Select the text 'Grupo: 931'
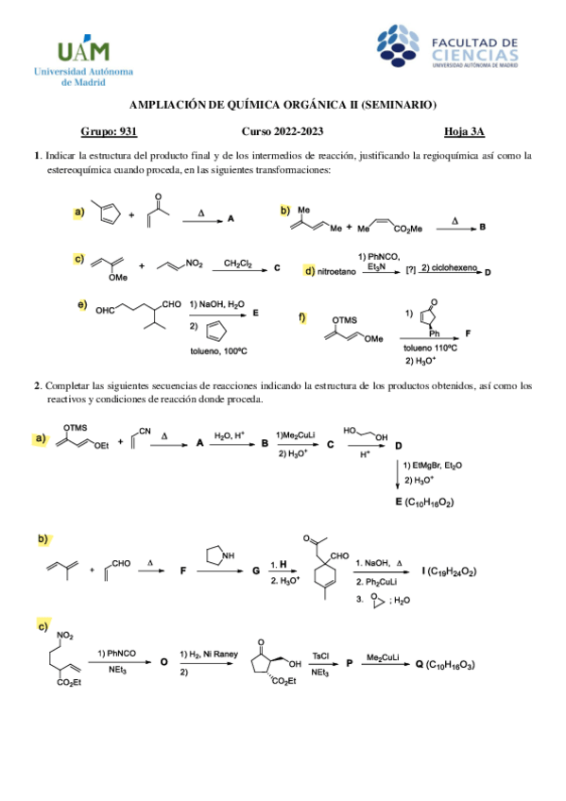tap(110, 133)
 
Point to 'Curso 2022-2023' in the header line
tap(282, 133)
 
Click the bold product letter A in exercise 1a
tap(232, 218)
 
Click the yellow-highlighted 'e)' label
tap(82, 304)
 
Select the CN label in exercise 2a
tap(146, 431)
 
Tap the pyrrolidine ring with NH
tap(221, 560)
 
